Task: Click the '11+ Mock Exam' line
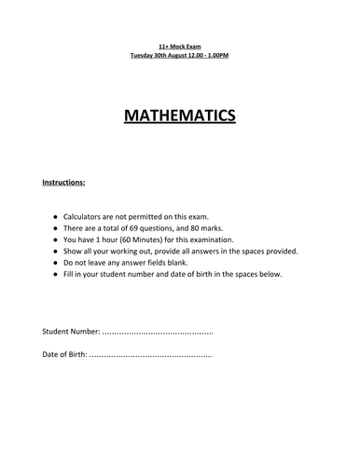click(x=180, y=46)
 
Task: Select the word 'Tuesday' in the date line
click(x=144, y=56)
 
